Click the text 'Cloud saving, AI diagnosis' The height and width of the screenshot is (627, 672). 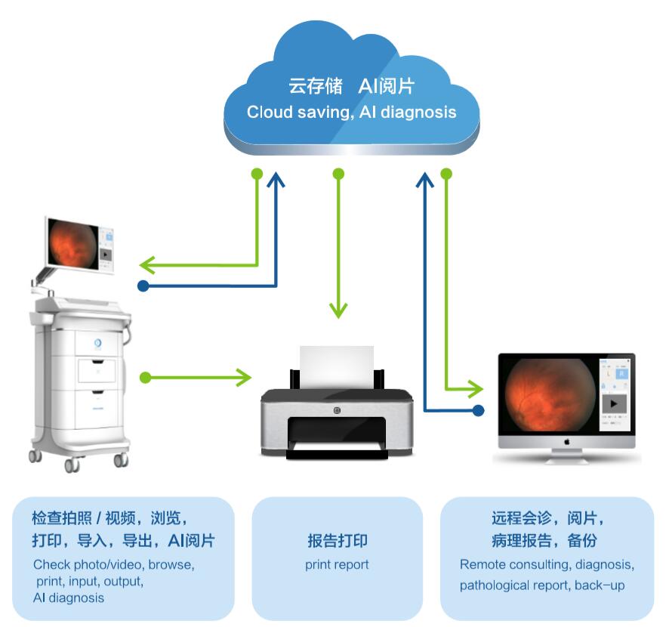coord(351,113)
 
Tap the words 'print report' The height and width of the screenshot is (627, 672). coord(337,564)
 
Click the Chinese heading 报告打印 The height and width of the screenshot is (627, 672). coord(338,541)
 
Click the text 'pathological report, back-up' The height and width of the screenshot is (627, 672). coord(542,585)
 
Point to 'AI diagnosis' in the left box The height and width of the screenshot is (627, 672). coord(69,598)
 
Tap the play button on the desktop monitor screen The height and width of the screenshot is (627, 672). coord(615,404)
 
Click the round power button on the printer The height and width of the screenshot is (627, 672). coord(337,410)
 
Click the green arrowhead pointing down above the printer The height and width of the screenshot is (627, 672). coord(338,310)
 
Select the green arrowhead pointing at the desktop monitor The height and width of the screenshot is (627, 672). coord(475,389)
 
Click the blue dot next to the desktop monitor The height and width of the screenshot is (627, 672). coord(477,410)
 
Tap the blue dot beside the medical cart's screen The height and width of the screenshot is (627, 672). coord(143,286)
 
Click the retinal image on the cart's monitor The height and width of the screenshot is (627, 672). coord(73,246)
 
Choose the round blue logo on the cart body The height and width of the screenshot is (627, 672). coord(97,344)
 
